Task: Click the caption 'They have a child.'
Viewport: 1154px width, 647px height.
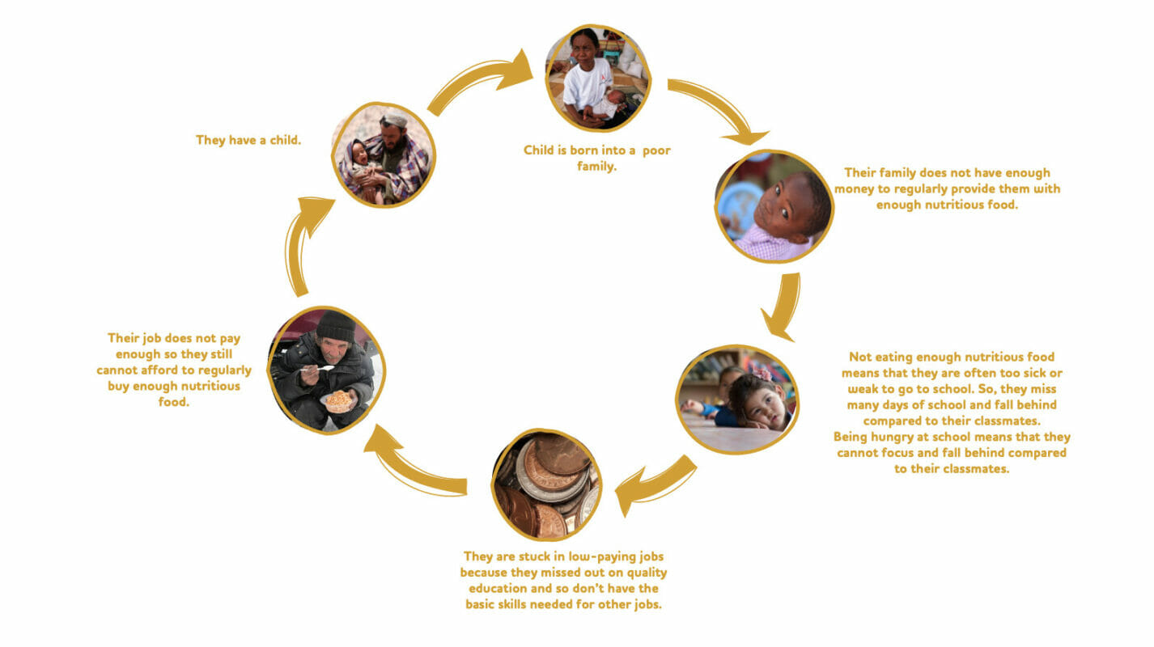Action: (x=248, y=140)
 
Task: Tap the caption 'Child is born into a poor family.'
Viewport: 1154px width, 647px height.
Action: (x=596, y=158)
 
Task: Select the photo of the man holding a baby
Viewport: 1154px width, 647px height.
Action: (x=384, y=155)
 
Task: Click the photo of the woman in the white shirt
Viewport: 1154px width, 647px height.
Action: (x=598, y=78)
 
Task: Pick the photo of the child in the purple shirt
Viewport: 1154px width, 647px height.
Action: (x=774, y=206)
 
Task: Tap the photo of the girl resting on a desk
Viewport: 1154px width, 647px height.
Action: (x=737, y=400)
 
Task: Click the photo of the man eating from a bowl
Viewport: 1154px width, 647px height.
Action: (x=326, y=370)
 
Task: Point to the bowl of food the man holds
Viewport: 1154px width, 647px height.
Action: (x=339, y=401)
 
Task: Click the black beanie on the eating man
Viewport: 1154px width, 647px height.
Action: (x=336, y=326)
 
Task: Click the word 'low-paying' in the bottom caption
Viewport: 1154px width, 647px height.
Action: (x=602, y=557)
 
